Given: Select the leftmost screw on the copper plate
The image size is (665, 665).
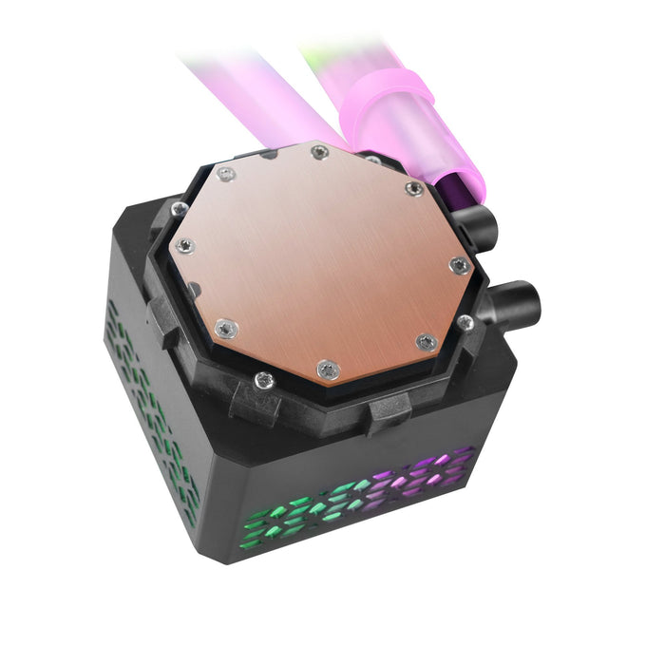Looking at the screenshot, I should [186, 245].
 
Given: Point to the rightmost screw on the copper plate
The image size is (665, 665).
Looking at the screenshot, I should [459, 263].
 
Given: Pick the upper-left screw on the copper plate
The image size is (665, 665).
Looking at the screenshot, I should [225, 174].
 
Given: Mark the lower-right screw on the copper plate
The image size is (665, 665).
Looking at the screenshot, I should [427, 341].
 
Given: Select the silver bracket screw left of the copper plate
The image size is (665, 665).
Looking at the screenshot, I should [178, 207].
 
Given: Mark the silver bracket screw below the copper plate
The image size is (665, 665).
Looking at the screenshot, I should [264, 382].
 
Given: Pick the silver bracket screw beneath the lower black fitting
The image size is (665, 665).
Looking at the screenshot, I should [465, 322].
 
